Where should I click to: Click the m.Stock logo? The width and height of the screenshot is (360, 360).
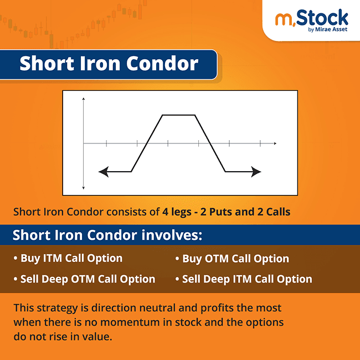click(312, 19)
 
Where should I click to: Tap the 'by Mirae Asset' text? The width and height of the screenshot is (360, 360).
click(327, 30)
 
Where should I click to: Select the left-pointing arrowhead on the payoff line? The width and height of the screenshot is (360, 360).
click(102, 172)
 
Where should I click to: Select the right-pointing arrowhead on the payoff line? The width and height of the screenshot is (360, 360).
click(256, 172)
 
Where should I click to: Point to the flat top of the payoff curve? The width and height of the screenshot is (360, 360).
click(178, 115)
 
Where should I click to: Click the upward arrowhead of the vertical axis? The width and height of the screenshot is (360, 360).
click(83, 99)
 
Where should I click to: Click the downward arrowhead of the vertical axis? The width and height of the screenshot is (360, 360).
click(83, 188)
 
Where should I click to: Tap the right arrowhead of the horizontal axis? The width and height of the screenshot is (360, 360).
click(275, 143)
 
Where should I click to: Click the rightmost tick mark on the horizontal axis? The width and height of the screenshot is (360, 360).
click(260, 143)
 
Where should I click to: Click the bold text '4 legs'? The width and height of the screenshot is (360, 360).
click(176, 212)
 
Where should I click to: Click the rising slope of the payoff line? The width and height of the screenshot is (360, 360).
click(147, 143)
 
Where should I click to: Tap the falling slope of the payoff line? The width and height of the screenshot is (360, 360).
click(210, 143)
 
